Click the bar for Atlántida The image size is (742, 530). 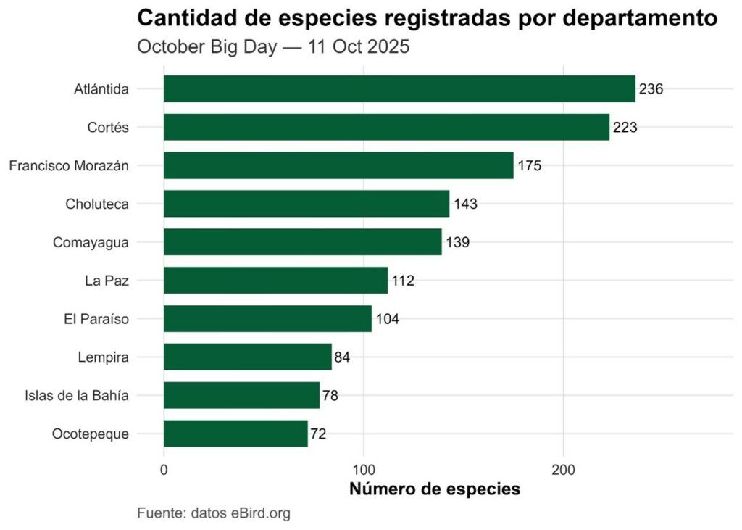tap(399, 89)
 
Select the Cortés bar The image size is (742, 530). tap(386, 127)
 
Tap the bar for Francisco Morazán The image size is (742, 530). tap(338, 165)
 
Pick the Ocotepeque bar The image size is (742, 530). tap(235, 434)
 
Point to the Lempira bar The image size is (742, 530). tap(247, 357)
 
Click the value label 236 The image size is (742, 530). tap(651, 89)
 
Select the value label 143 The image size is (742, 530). tap(465, 204)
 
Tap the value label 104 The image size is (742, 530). tap(387, 318)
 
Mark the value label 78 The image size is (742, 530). tap(330, 395)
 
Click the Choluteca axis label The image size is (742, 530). tap(97, 204)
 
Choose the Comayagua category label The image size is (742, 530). tap(91, 242)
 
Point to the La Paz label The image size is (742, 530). tap(107, 281)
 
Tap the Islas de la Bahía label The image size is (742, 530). tap(77, 395)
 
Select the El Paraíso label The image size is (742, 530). tap(97, 318)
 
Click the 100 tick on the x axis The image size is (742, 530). tap(364, 470)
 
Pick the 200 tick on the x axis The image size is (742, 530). tap(564, 470)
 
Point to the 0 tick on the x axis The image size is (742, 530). tap(164, 470)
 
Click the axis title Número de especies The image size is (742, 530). tap(435, 489)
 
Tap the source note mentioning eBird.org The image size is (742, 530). tap(214, 513)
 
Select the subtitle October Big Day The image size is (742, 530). tap(273, 47)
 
